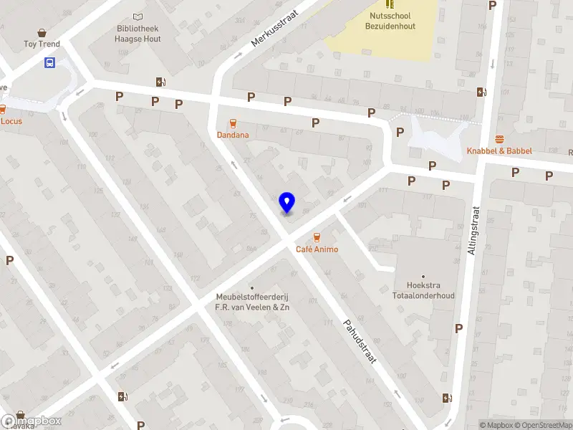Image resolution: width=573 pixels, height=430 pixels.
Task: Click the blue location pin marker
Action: tap(286, 203)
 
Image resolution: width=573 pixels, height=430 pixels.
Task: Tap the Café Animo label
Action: tap(317, 249)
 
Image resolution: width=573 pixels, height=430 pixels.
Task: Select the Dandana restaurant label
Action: tap(233, 135)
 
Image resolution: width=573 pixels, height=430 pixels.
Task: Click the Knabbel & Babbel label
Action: tap(499, 151)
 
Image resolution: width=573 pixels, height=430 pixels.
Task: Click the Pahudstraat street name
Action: tap(360, 340)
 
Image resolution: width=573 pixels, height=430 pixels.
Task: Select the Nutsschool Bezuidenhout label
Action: tap(390, 20)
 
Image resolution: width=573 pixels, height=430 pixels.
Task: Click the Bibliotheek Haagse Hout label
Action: tap(138, 34)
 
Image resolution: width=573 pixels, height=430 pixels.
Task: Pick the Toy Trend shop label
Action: tap(42, 44)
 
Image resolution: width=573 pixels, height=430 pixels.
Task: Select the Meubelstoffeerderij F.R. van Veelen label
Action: tap(252, 302)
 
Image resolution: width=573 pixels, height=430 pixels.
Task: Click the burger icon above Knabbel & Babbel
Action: tap(499, 139)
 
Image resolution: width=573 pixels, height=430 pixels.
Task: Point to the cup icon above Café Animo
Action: tap(317, 237)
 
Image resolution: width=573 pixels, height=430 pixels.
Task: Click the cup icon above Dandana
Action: tap(232, 123)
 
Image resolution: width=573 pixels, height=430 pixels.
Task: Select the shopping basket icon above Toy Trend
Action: tap(42, 33)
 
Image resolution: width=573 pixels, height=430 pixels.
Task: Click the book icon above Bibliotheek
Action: tap(138, 17)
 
